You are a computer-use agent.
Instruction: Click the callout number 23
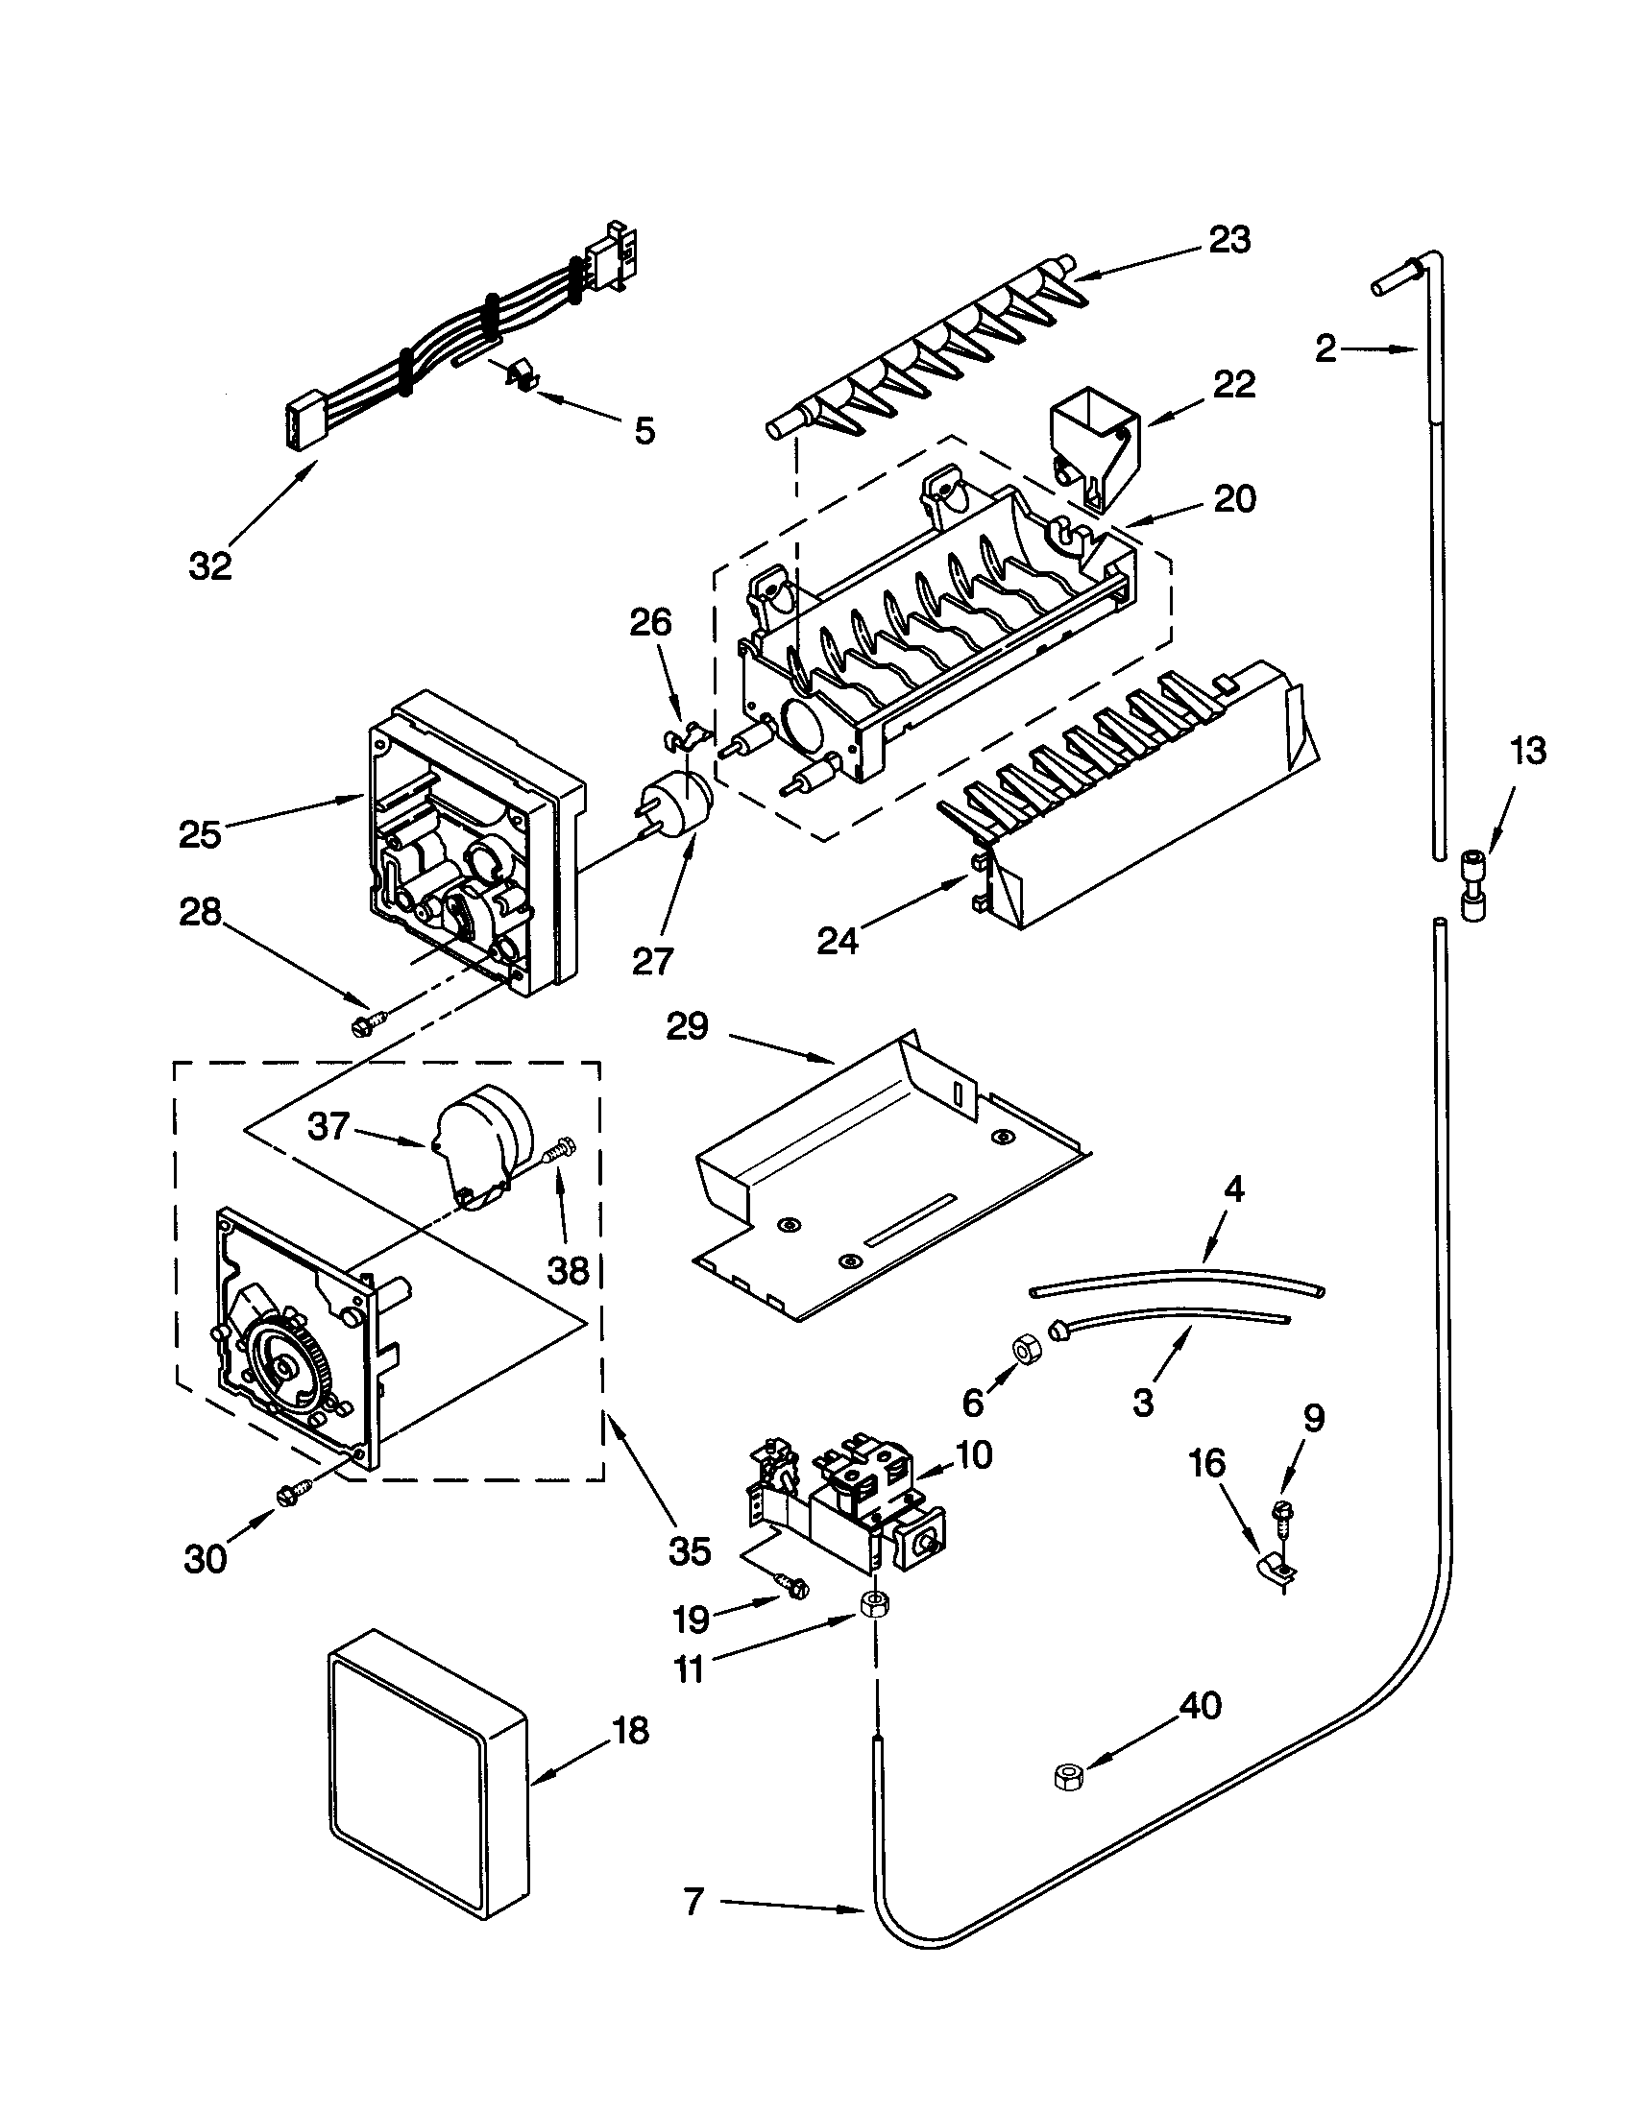(1229, 240)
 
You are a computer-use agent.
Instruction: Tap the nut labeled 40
(1066, 1777)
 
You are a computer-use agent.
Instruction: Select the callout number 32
(211, 565)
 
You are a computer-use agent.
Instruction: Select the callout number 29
(688, 1026)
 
